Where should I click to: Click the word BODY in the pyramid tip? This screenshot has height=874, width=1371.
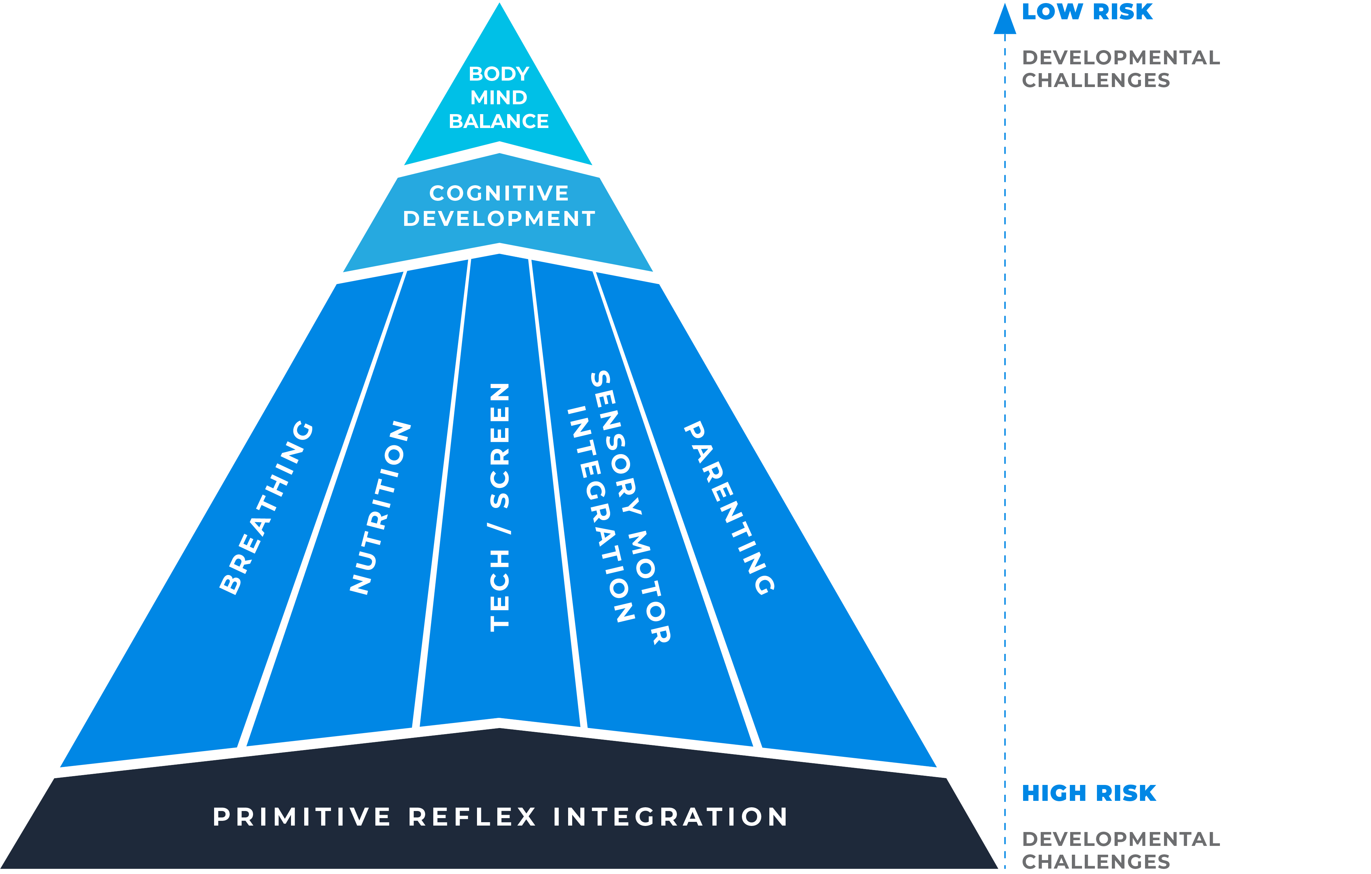click(499, 74)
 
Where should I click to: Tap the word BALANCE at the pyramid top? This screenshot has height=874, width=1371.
click(499, 121)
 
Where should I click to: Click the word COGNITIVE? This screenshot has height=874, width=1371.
click(499, 193)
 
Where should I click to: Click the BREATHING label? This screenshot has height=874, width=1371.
click(267, 508)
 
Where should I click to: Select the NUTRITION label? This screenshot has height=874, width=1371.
click(380, 508)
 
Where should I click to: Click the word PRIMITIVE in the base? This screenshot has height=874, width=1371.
click(302, 817)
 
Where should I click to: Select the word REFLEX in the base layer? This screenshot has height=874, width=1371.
click(473, 817)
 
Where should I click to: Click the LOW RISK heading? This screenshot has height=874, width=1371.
click(1086, 12)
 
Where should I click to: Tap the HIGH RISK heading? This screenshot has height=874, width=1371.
click(1088, 793)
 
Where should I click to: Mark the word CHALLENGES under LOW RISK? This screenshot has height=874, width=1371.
click(1096, 81)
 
